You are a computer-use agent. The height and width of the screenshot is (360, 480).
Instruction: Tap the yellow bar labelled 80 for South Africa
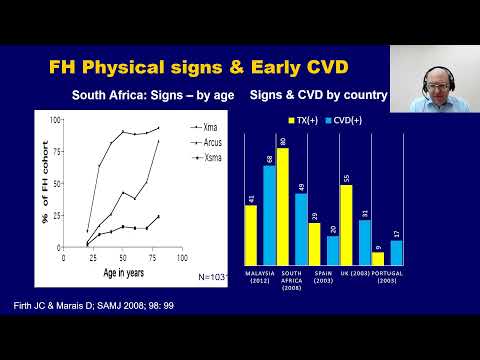pyautogui.click(x=283, y=206)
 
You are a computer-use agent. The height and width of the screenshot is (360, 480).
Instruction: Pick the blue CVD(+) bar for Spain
pyautogui.click(x=333, y=250)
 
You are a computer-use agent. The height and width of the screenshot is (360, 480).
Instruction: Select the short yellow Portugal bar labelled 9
pyautogui.click(x=378, y=259)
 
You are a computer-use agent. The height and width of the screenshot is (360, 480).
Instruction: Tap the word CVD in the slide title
pyautogui.click(x=286, y=68)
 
